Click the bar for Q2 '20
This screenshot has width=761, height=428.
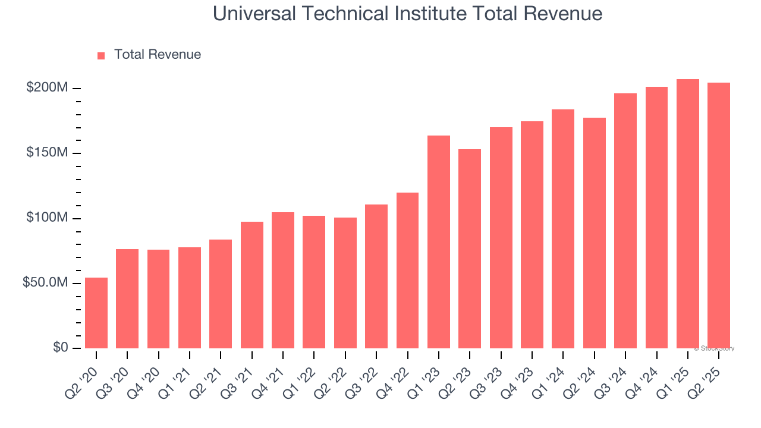click(x=96, y=313)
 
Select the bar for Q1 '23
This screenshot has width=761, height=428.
click(x=439, y=242)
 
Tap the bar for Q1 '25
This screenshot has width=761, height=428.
click(x=687, y=214)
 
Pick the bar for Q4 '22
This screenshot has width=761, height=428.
click(x=407, y=270)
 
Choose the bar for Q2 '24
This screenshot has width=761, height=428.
click(x=594, y=233)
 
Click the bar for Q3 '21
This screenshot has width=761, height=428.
click(x=252, y=285)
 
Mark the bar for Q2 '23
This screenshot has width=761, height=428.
click(x=470, y=248)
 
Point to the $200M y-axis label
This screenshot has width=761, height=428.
click(x=47, y=88)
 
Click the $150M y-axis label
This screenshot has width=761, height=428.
click(x=47, y=153)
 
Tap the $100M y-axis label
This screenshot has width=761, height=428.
click(x=47, y=218)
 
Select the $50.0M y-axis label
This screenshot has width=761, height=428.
click(x=45, y=283)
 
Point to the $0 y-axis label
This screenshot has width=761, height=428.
click(x=59, y=348)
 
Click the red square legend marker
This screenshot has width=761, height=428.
click(x=101, y=55)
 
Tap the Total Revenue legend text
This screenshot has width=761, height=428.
click(x=158, y=55)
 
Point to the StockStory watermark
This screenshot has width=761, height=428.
click(x=714, y=348)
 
